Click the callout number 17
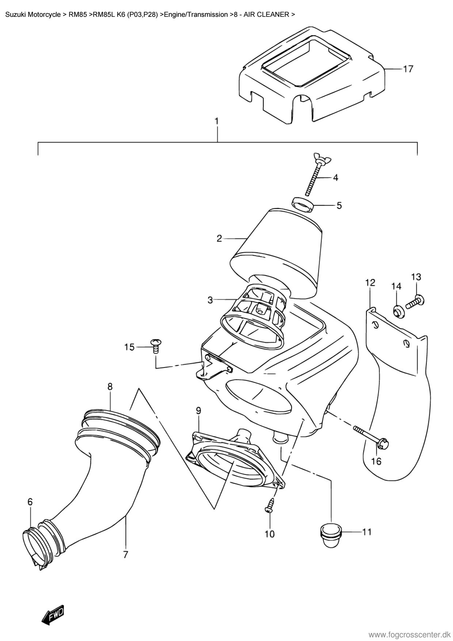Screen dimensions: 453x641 coord(408,69)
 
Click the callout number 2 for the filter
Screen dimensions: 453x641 coord(219,239)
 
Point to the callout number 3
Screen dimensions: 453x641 coord(210,300)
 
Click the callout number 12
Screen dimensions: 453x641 coord(370,282)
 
